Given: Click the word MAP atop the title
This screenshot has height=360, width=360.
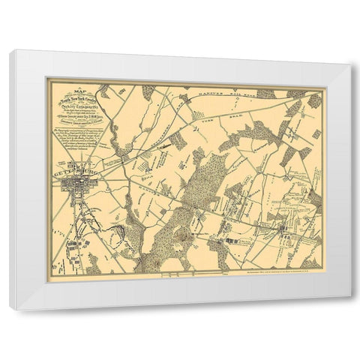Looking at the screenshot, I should click(x=75, y=91).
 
